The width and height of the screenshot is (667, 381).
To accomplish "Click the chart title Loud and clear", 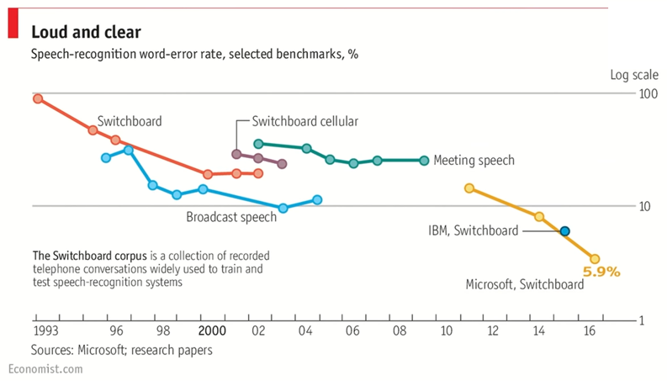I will coord(86,32).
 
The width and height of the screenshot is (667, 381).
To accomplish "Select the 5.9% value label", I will coord(601,272).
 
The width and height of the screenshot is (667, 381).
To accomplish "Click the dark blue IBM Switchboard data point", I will coord(565,231).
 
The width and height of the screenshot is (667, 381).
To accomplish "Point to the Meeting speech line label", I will coord(474,160).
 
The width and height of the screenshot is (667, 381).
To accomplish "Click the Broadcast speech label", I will coord(231,218).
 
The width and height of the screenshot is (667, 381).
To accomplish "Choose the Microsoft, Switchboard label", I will coord(525,285).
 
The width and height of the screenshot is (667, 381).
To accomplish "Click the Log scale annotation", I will coord(634,75).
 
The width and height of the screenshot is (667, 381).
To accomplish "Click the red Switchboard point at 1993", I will coord(37,98).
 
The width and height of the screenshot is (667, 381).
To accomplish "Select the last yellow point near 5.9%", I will coord(595,259).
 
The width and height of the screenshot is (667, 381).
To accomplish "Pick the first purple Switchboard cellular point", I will coord(236,154).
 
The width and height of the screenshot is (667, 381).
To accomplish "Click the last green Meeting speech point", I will coord(424,160).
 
